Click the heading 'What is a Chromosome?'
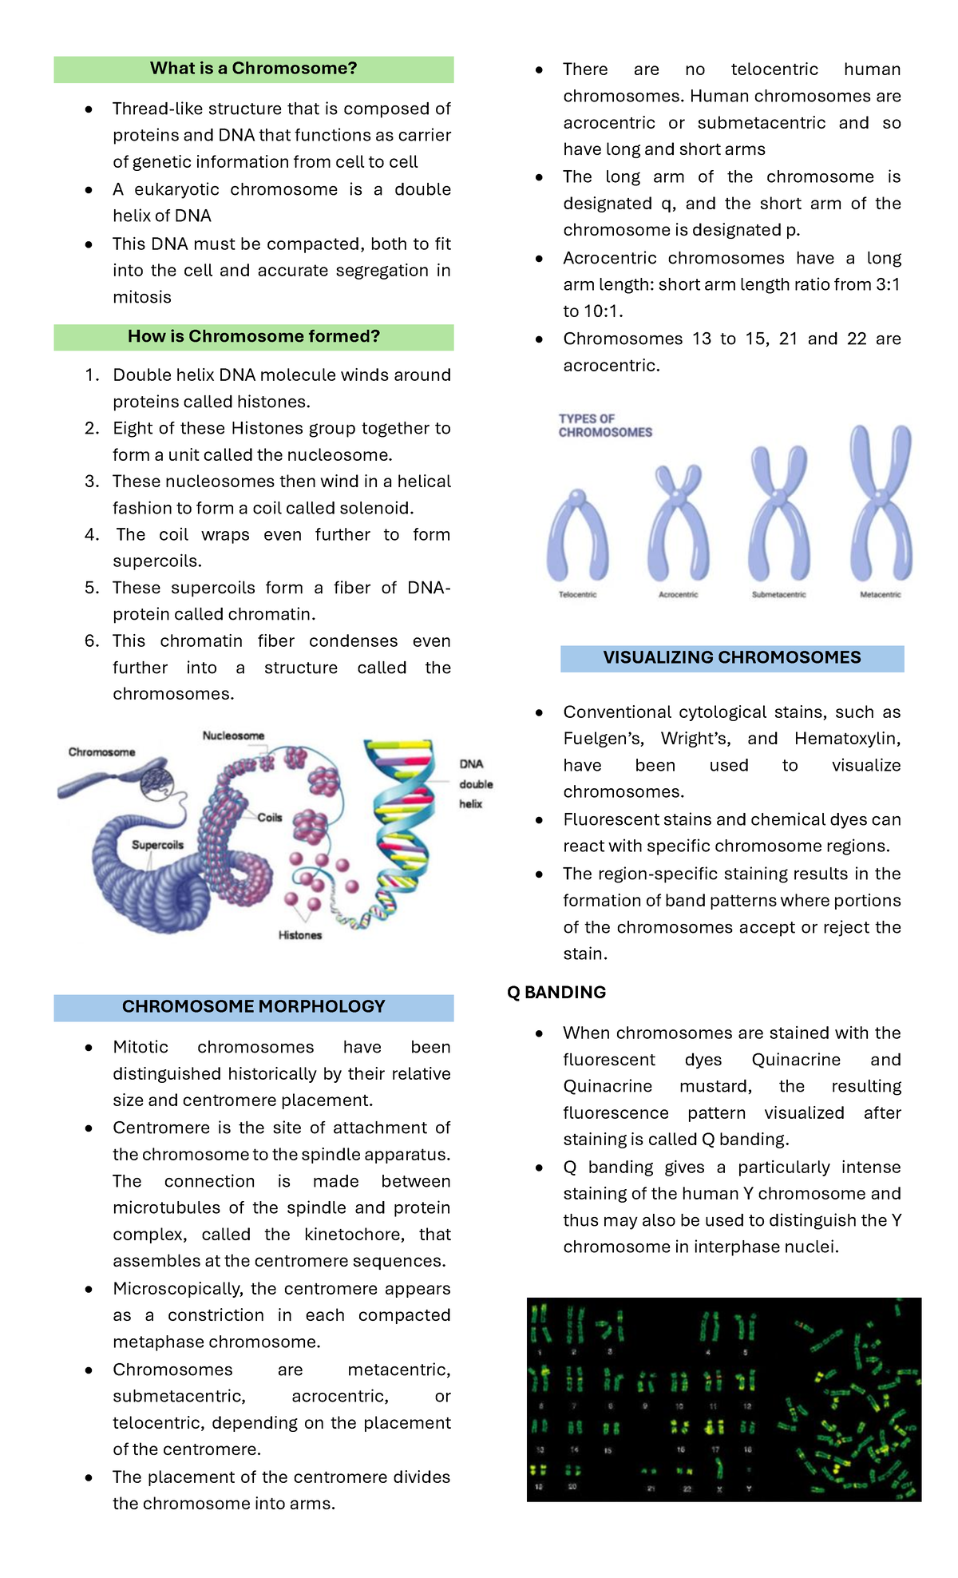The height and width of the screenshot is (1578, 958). click(253, 69)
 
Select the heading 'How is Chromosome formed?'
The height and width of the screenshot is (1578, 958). click(253, 337)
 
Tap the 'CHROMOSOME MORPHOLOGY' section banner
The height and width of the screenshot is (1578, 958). click(253, 1007)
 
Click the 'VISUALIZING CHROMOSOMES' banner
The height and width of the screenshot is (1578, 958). click(731, 658)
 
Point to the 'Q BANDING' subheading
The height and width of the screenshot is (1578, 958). click(556, 993)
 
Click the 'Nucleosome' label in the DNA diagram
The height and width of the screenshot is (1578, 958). click(233, 735)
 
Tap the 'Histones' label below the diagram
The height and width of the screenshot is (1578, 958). click(300, 935)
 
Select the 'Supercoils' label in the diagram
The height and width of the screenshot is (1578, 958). click(157, 845)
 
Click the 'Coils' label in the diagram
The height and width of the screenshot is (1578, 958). click(270, 818)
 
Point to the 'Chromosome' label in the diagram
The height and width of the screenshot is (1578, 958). click(101, 752)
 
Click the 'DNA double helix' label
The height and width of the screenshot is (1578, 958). click(476, 784)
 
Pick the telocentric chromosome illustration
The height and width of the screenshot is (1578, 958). click(576, 537)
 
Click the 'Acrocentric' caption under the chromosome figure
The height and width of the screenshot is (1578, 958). click(678, 595)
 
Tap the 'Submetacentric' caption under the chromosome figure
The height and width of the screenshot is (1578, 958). click(778, 595)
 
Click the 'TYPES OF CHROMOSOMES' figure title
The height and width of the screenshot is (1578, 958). click(604, 426)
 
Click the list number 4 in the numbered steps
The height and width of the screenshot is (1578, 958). click(91, 535)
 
